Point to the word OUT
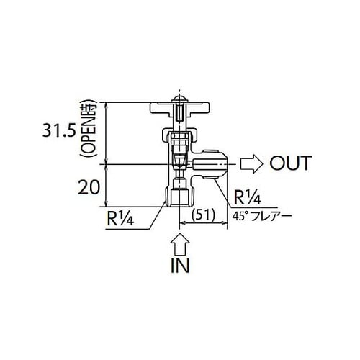pyautogui.click(x=289, y=163)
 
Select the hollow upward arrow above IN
pyautogui.click(x=179, y=240)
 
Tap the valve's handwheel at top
pyautogui.click(x=176, y=110)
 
